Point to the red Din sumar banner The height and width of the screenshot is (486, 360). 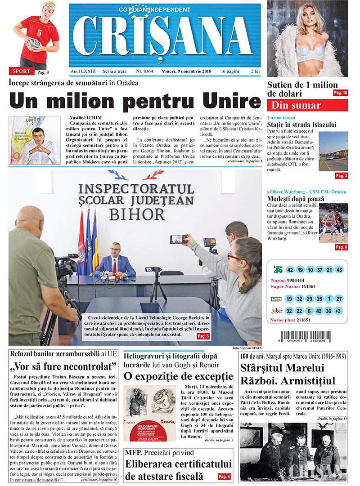(x=307, y=105)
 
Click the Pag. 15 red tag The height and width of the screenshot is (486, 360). (x=340, y=93)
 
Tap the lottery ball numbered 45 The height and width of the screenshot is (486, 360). (x=339, y=270)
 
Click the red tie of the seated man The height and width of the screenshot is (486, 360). (x=115, y=266)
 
